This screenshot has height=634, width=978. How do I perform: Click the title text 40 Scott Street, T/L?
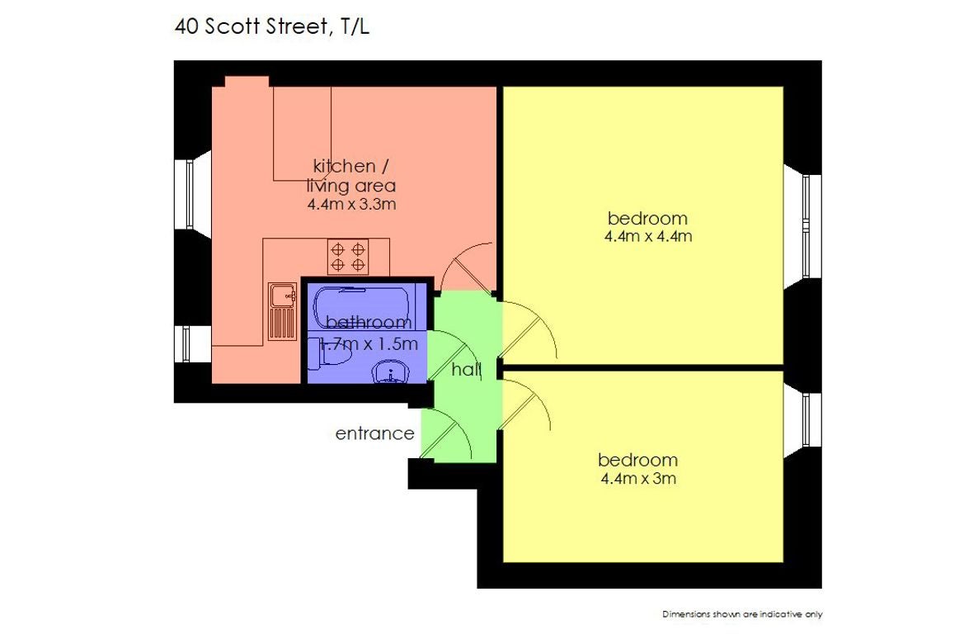[272, 27]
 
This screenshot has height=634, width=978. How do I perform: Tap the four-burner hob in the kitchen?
[347, 257]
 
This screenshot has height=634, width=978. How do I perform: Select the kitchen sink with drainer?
[283, 311]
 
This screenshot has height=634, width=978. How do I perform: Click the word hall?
[467, 370]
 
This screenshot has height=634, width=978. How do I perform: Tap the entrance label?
[375, 433]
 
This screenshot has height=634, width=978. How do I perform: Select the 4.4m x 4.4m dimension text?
[648, 236]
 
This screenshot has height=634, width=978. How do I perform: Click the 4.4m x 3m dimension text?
[638, 479]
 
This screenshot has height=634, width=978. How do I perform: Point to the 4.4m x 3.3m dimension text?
[352, 204]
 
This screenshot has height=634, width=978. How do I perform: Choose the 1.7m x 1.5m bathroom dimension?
[369, 343]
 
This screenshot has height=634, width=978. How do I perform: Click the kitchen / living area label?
[351, 176]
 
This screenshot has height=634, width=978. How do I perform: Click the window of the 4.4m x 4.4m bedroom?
[806, 226]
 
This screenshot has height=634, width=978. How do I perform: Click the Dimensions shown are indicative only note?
[742, 615]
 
